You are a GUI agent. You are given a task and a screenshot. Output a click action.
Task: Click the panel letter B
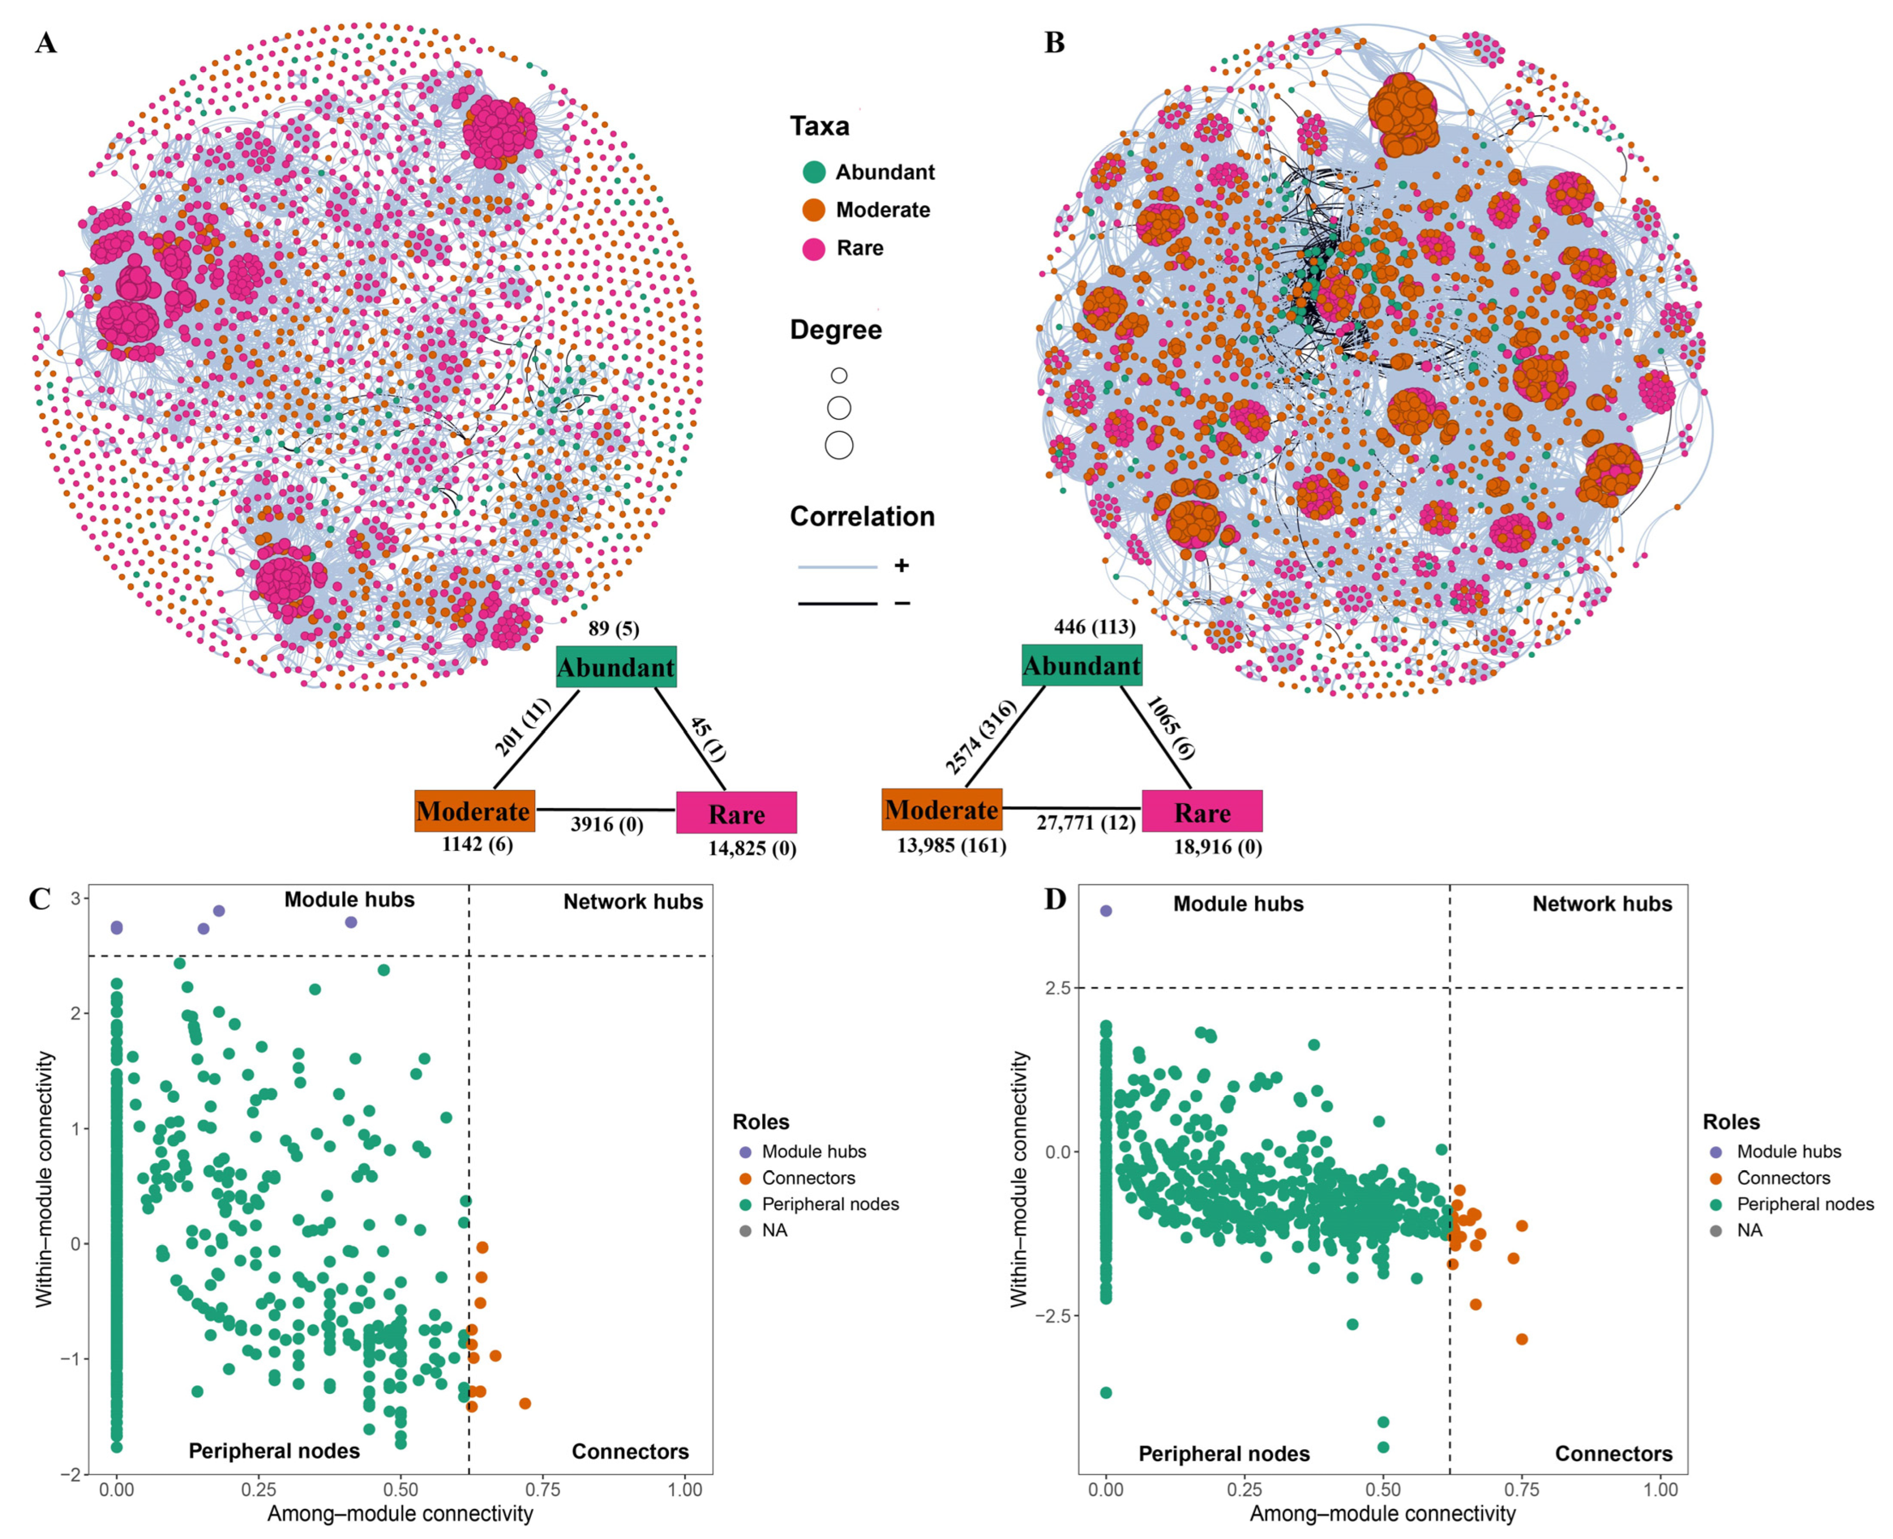[x=1054, y=42]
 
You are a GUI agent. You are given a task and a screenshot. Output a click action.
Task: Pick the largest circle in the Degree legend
[x=839, y=445]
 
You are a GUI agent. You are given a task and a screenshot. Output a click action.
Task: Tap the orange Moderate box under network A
[x=474, y=810]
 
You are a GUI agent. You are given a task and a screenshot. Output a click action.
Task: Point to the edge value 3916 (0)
[x=607, y=825]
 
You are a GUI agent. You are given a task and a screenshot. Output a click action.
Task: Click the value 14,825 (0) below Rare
[x=752, y=848]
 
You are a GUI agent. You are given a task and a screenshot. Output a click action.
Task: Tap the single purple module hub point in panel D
[x=1106, y=910]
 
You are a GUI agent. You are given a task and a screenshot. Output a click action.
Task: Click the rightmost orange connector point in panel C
[x=525, y=1403]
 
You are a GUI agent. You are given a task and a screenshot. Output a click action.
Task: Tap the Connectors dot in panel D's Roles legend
[x=1716, y=1178]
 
